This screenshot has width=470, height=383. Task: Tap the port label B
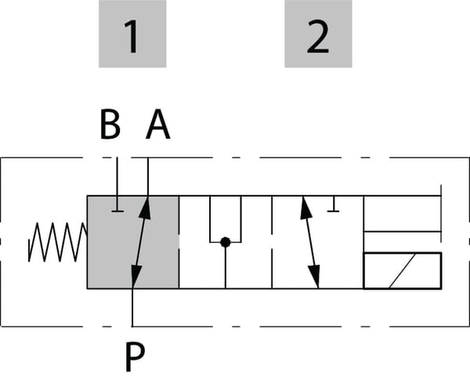pos(110,125)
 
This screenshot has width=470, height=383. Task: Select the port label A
pos(157,125)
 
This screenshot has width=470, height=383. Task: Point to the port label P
pos(134,357)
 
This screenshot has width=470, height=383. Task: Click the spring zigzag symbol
pos(56,242)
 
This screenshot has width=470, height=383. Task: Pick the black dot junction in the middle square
pos(225,242)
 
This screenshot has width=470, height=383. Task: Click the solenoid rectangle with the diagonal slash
pos(402,270)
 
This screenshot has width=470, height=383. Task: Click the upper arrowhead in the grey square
pos(145,206)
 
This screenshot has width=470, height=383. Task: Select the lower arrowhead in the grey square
pos(136,278)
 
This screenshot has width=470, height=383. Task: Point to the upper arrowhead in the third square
pos(304,207)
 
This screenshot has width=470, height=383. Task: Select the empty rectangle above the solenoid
pos(402,214)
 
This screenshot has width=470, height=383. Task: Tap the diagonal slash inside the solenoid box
pos(403,270)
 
